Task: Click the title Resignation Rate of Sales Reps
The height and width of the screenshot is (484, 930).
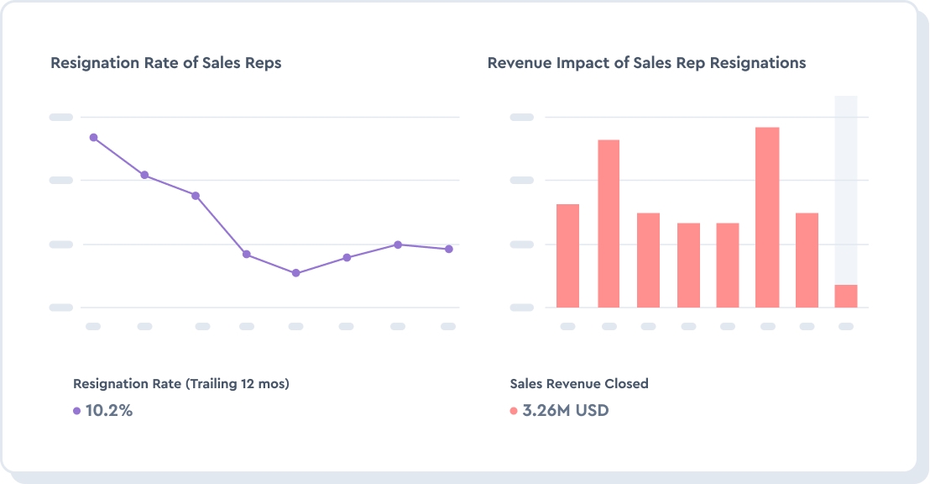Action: [x=165, y=63]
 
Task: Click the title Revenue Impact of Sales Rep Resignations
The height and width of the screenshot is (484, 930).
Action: [x=646, y=63]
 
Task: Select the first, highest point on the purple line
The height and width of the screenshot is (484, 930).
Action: [x=93, y=137]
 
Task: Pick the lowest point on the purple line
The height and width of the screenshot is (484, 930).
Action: [x=295, y=273]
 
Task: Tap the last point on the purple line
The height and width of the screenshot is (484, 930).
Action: [x=449, y=249]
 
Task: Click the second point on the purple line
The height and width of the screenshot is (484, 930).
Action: [x=144, y=175]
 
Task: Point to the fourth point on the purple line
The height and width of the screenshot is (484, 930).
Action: [x=246, y=254]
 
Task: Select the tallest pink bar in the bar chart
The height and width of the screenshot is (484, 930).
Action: [x=767, y=217]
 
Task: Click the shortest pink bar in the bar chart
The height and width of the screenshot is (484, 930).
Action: [x=846, y=296]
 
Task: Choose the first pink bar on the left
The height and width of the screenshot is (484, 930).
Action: [x=568, y=255]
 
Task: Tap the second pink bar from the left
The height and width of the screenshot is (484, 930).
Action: [x=609, y=224]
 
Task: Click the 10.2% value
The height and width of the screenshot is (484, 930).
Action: [x=109, y=411]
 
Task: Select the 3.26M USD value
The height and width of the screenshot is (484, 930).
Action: [x=565, y=411]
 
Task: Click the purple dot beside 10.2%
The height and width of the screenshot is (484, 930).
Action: [x=77, y=411]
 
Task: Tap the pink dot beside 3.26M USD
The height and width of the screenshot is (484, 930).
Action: [x=514, y=411]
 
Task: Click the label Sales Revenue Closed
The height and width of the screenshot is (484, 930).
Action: [x=579, y=383]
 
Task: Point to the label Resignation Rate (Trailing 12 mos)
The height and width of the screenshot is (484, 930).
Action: [x=180, y=383]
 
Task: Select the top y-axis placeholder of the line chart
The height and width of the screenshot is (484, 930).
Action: [x=61, y=117]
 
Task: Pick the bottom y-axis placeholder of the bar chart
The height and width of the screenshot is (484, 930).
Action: [x=522, y=308]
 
